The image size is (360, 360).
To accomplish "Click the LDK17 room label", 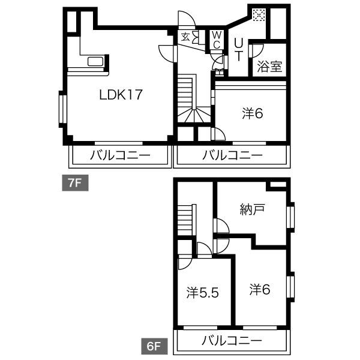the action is pos(121,95).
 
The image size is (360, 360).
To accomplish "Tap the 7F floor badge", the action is pos(76,183).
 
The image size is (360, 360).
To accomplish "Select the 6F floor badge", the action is pos(154,346).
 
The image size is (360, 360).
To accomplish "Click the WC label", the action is pos(217,40).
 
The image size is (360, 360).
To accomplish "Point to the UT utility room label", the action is pos(238,50).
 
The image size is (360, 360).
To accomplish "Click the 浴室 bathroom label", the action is pos(269,67).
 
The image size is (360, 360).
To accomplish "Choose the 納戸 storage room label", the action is pos(253,209).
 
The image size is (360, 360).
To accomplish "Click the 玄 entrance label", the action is pos(185,37).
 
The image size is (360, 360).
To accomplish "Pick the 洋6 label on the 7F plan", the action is pos(253,113).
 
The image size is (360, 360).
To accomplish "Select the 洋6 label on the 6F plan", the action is pos(260,289).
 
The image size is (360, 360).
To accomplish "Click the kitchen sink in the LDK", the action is pos(95,62).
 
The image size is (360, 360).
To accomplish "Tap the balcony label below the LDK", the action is pos(120,155).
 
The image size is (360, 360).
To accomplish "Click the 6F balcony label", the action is pos(232,340).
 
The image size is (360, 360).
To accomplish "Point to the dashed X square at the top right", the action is pos(259,15).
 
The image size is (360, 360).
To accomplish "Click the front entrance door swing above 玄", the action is pos(187,19).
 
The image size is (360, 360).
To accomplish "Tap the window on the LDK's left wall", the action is pos(62,109).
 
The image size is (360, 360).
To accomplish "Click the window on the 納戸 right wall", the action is pos(290,217).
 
